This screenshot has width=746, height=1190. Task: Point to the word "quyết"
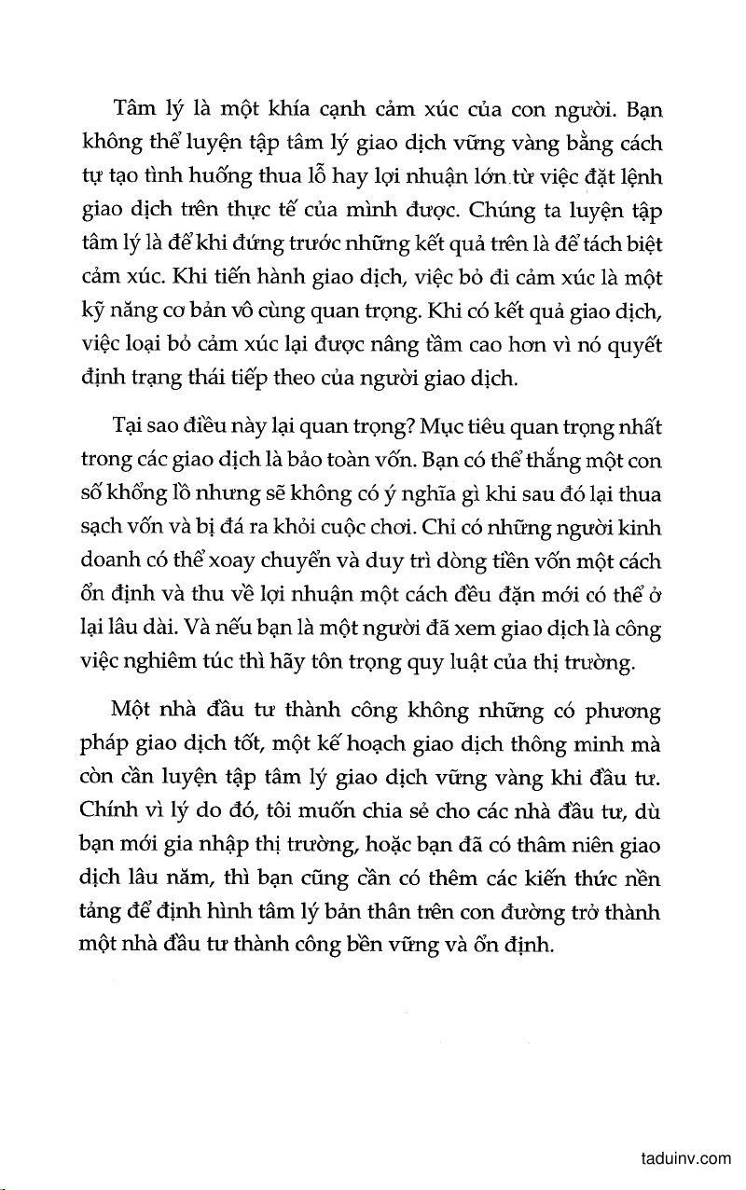[636, 346]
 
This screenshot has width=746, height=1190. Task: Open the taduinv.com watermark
[686, 1159]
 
